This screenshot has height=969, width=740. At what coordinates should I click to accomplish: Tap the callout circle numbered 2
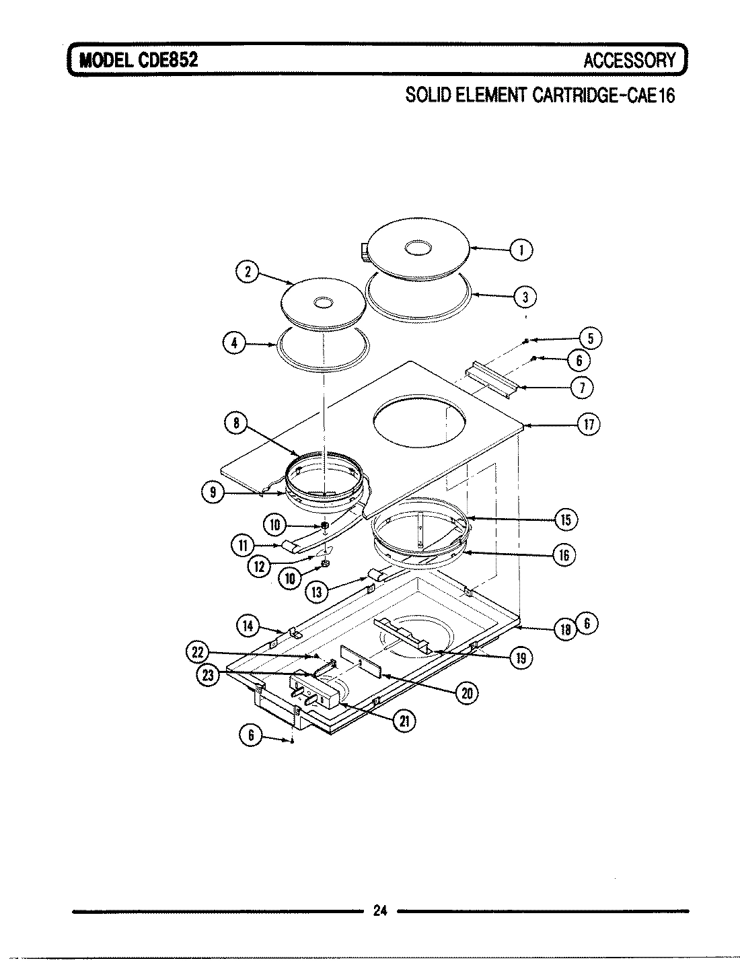[247, 272]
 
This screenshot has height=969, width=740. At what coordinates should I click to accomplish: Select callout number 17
[589, 425]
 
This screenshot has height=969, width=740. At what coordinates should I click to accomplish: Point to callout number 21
[404, 721]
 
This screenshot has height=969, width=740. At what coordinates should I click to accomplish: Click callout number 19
[520, 657]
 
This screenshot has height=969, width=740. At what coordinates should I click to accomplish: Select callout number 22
[196, 652]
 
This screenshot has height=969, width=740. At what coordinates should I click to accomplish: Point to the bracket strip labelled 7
[492, 379]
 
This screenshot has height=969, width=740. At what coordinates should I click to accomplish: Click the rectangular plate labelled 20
[362, 661]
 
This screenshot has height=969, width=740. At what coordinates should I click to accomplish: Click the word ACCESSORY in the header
[629, 61]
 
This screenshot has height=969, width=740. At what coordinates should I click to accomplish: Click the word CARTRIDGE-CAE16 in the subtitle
[603, 95]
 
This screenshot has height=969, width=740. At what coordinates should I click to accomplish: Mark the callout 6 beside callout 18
[587, 624]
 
